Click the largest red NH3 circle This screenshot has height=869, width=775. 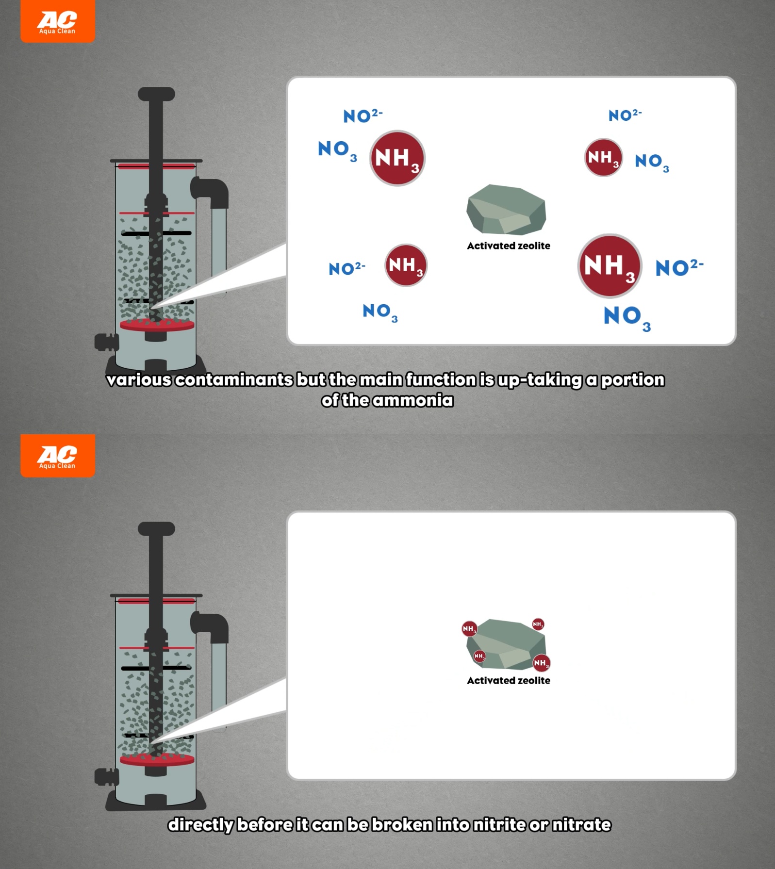(610, 266)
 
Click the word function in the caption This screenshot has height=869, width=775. (441, 380)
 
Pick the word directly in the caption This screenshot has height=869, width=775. (201, 825)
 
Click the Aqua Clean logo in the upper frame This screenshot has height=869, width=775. (58, 21)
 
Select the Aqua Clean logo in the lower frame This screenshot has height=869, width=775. (58, 456)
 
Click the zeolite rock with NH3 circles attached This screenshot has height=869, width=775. (506, 644)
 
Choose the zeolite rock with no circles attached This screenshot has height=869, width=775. (506, 210)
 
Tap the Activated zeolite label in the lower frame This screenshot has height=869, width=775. (509, 681)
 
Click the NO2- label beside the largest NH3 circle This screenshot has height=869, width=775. (679, 267)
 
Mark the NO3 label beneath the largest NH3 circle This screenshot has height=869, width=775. (627, 318)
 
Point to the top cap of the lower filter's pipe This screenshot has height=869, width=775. (156, 529)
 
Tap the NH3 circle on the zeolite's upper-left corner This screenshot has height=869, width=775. (469, 629)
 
